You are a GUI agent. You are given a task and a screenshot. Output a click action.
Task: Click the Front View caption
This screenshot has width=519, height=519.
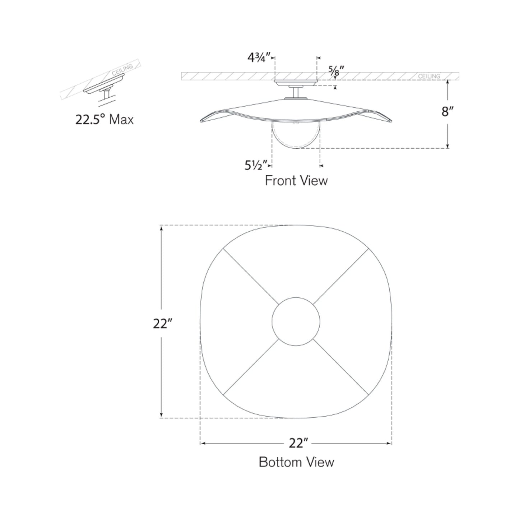click(296, 180)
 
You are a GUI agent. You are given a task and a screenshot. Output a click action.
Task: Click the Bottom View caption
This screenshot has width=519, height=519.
click(296, 462)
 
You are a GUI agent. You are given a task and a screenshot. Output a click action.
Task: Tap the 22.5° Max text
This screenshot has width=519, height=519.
click(104, 119)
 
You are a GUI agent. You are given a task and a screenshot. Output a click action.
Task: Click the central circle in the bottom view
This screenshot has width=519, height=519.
click(296, 321)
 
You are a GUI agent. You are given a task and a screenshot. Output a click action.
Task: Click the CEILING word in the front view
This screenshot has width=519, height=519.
click(429, 76)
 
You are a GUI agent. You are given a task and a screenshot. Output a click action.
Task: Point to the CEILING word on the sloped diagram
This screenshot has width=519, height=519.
click(122, 70)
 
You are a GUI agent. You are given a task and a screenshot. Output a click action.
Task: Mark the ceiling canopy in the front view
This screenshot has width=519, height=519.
click(296, 83)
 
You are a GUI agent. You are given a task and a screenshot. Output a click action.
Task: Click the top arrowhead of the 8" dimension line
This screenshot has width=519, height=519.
click(448, 82)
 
